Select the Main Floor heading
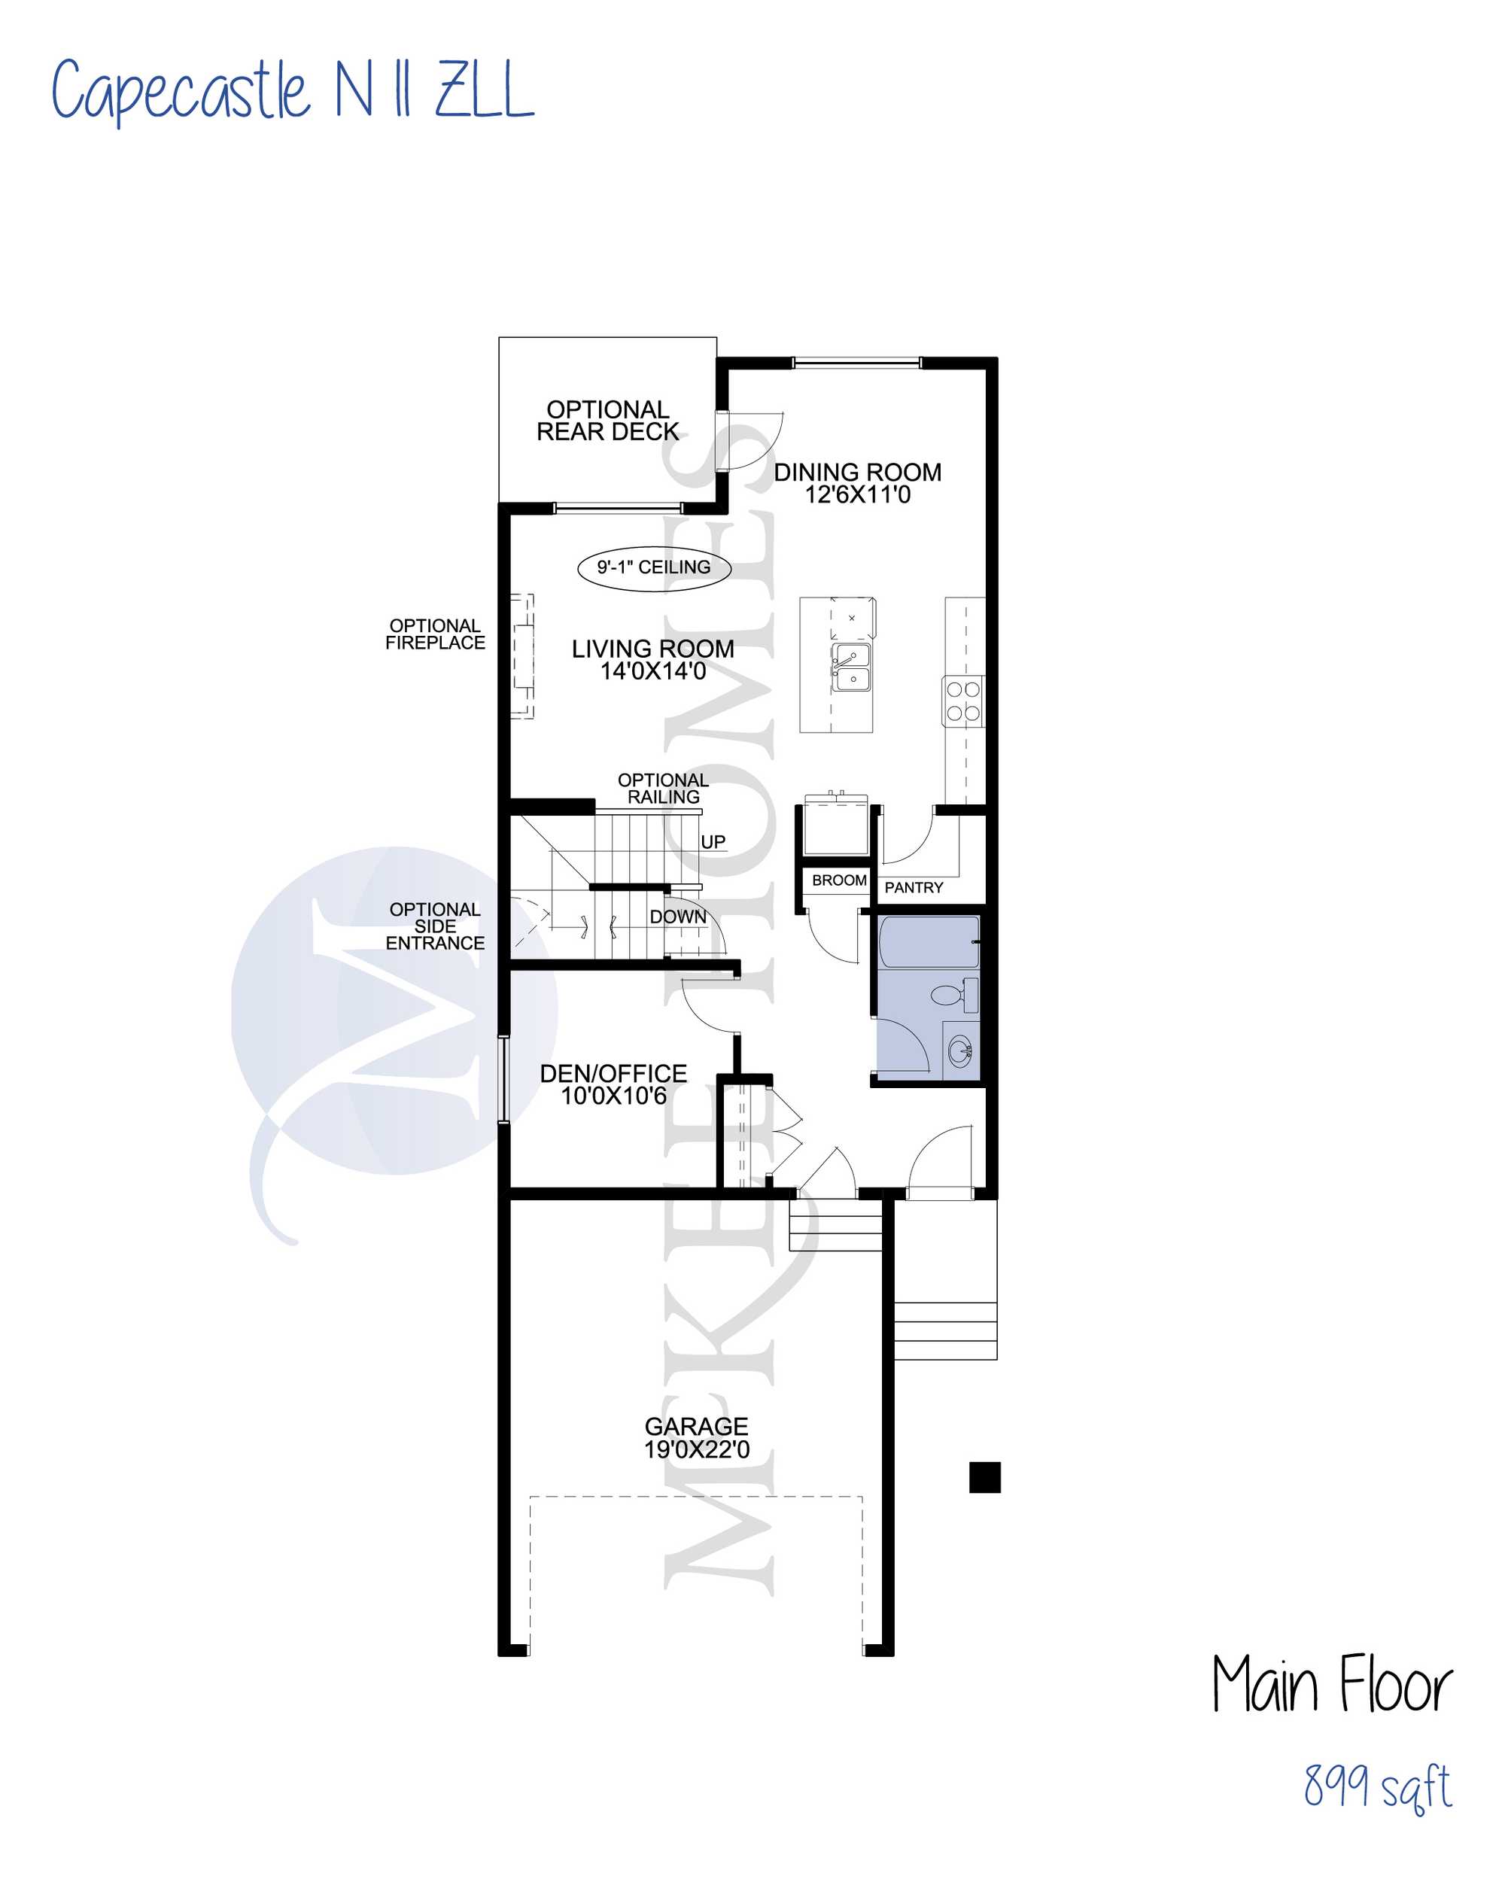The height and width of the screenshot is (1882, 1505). (1332, 1684)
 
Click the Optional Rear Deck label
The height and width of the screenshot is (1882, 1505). (607, 421)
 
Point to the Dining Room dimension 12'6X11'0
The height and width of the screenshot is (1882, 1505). (857, 495)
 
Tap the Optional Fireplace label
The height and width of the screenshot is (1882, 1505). (435, 634)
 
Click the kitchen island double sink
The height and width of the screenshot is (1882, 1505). (850, 667)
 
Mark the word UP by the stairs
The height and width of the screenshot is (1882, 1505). (713, 842)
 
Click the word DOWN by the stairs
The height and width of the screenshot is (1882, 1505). (677, 917)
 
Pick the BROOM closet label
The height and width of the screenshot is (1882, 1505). (839, 880)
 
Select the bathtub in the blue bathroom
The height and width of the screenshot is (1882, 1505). (929, 942)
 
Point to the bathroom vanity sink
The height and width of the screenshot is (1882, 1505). (961, 1051)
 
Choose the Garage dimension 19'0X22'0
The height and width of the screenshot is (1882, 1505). (697, 1450)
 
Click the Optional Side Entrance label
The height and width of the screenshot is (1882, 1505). (435, 926)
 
